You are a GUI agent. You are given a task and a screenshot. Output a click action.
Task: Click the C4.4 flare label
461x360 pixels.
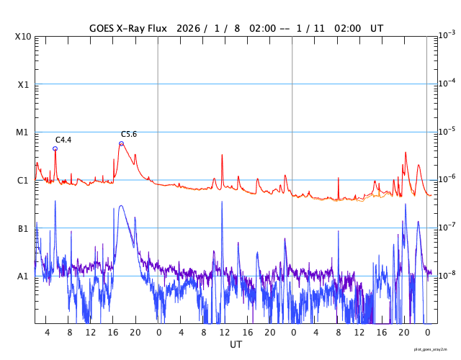coord(63,140)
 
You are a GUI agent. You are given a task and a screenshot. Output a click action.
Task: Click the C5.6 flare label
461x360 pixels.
coord(128,135)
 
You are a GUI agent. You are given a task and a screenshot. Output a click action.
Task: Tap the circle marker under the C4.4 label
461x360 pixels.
coord(55,149)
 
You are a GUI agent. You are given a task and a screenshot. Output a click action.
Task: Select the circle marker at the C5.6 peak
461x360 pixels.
coord(121,143)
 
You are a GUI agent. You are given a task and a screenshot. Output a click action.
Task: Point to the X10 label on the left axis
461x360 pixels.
coord(23,37)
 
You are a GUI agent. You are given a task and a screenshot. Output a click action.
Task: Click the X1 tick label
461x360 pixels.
coord(23,84)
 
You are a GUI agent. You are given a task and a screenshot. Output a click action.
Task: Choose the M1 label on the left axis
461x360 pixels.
coord(23,132)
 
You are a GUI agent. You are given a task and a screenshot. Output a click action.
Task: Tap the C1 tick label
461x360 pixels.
coord(23,180)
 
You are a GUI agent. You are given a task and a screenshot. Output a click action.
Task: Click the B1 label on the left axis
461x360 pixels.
coord(23,228)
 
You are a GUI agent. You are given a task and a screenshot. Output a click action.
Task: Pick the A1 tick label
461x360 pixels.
coord(23,276)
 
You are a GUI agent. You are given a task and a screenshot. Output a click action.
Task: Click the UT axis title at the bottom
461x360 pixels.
coord(236,345)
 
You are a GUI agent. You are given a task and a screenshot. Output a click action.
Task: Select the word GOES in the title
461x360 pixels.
coord(102,28)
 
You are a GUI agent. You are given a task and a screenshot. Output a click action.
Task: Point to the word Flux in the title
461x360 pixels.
coord(167,28)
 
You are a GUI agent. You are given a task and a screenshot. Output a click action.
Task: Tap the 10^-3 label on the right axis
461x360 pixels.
coord(448,35)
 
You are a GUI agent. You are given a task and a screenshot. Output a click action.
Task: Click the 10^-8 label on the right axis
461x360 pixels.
coord(448,275)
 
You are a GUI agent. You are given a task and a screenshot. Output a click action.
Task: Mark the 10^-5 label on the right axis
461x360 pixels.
coord(448,131)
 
